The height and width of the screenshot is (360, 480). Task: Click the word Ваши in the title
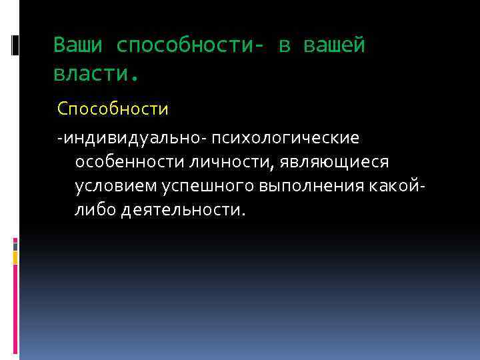[x=78, y=45]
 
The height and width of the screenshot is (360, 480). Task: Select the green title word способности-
[x=189, y=45]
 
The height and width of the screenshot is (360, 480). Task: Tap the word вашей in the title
[x=334, y=45]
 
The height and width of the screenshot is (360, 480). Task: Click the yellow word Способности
[x=113, y=107]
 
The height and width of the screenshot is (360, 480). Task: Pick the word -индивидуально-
[x=131, y=138]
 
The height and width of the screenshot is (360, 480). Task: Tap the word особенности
[x=130, y=162]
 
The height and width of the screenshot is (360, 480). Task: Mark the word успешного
[x=201, y=186]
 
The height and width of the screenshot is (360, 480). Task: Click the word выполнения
[x=309, y=186]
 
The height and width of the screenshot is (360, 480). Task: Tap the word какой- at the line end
[x=396, y=186]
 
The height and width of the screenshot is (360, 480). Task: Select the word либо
[x=95, y=210]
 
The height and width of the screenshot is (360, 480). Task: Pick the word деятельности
[x=183, y=210]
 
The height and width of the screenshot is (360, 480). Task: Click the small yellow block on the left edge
[x=15, y=257]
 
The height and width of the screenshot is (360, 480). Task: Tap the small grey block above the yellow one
[x=15, y=245]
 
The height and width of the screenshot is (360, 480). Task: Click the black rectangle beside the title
[x=15, y=45]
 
